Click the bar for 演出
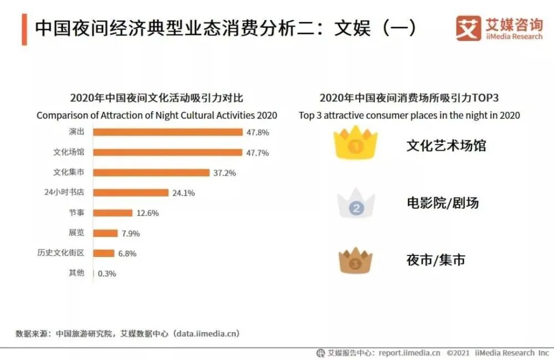[168, 132]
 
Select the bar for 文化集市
[151, 172]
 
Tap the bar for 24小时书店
[131, 193]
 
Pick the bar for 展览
[105, 233]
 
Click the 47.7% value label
[257, 152]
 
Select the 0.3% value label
[107, 274]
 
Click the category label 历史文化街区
[60, 253]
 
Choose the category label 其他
[76, 273]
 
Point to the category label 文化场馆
[69, 152]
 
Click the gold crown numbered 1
[355, 144]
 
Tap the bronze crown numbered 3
[356, 261]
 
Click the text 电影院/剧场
[442, 203]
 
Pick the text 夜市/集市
[435, 259]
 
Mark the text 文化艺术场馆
[446, 146]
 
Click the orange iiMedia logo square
[468, 28]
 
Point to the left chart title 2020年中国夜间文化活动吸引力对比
[157, 98]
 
